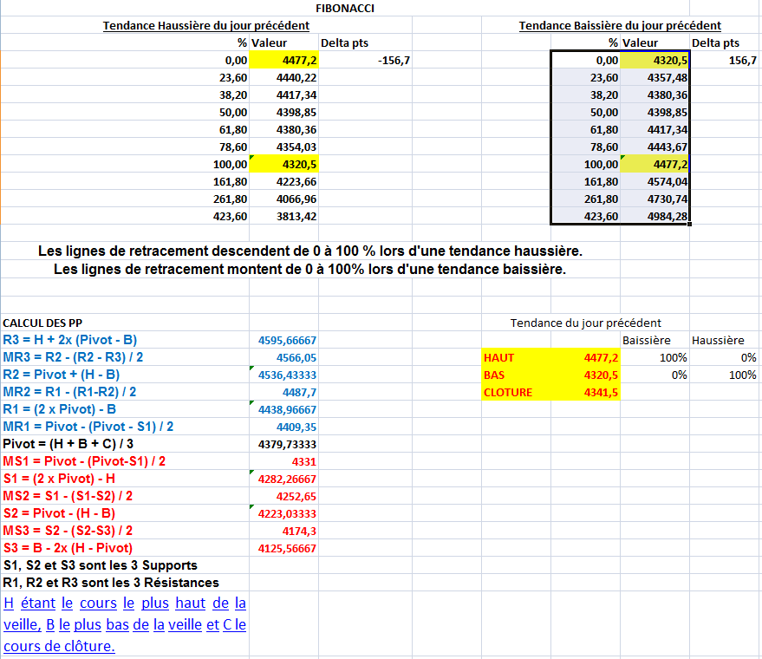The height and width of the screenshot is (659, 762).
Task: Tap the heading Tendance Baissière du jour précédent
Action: [620, 25]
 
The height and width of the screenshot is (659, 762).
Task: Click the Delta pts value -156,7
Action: [394, 60]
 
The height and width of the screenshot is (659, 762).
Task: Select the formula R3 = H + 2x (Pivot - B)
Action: [70, 340]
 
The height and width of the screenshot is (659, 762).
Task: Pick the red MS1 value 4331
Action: [304, 461]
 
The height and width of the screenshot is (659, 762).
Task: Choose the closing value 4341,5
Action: [601, 392]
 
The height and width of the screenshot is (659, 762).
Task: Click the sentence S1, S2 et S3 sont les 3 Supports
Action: [101, 565]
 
